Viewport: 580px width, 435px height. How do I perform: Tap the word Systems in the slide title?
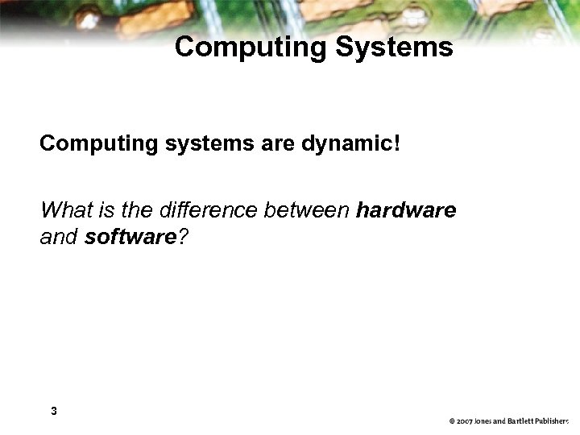[x=394, y=47]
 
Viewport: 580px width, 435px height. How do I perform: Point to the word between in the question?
[x=305, y=211]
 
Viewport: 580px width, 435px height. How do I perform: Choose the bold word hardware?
[x=406, y=211]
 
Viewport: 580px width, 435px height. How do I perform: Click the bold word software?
[x=130, y=238]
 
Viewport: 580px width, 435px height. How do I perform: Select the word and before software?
[x=60, y=238]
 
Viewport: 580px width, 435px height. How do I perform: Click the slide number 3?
[x=53, y=411]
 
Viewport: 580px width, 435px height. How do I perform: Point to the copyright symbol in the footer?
[x=453, y=421]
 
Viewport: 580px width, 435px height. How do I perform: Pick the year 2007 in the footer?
[x=466, y=421]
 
